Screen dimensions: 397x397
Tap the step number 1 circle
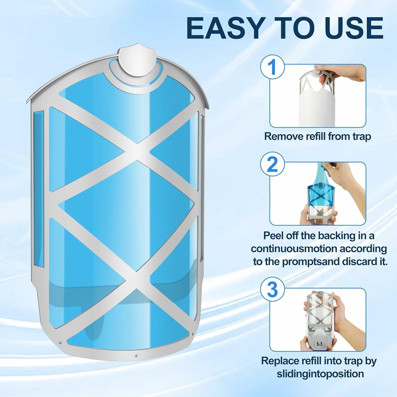coord(272,67)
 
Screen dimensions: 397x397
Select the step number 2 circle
coord(272,164)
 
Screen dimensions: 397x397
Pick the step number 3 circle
coord(272,290)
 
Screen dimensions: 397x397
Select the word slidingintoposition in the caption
coord(320,374)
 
